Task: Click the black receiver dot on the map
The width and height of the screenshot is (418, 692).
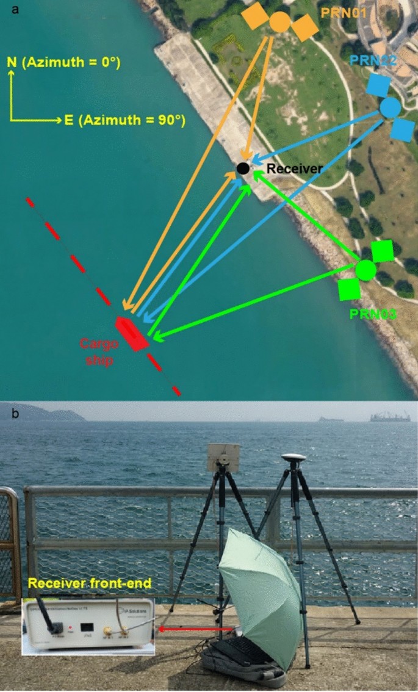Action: point(243,168)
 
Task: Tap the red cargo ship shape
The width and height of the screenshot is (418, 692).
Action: point(132,333)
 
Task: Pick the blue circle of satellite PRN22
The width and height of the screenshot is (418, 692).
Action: point(390,108)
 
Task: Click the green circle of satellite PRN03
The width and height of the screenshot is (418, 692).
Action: point(366,269)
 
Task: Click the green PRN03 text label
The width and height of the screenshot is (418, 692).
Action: point(373,314)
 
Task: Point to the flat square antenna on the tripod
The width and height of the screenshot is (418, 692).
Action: point(220,455)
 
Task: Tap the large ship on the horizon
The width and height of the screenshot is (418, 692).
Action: point(389,417)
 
